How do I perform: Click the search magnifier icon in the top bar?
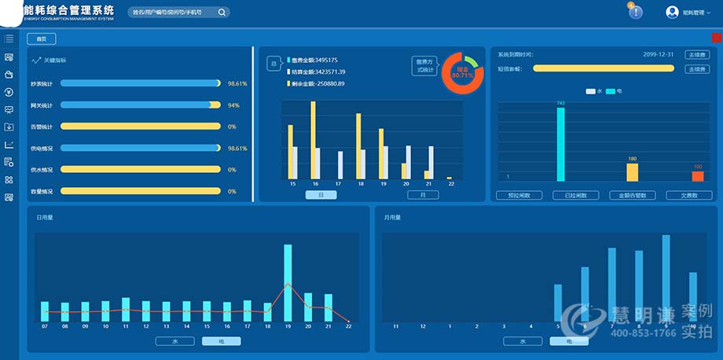click(222, 13)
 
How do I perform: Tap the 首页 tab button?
click(41, 39)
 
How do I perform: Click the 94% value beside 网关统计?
click(233, 105)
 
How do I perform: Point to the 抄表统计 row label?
click(42, 83)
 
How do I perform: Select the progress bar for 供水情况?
click(141, 169)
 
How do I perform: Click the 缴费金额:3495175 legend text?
click(314, 60)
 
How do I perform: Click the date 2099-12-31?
click(659, 55)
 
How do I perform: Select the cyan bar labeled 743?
click(560, 144)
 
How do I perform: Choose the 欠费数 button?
click(688, 195)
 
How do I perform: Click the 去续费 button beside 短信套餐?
click(696, 68)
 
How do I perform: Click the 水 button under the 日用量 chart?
click(174, 341)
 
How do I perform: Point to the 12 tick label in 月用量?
click(423, 325)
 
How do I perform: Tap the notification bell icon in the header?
click(635, 13)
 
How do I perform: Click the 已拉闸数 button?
click(575, 195)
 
